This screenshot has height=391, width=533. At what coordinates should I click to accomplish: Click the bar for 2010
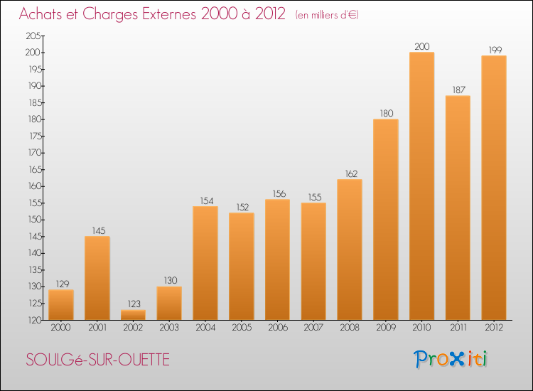tap(421, 186)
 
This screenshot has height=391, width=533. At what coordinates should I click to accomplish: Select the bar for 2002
tap(133, 315)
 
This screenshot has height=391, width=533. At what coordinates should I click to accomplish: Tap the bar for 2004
tap(205, 263)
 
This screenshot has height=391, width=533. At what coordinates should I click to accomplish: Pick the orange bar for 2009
tap(385, 220)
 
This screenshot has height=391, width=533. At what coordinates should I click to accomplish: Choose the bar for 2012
tap(494, 188)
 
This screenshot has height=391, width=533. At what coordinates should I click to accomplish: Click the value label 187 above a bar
tap(458, 90)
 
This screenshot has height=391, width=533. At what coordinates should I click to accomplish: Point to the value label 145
tap(97, 230)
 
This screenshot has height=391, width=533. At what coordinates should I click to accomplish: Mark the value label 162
tap(350, 173)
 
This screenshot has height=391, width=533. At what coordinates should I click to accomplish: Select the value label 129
tap(61, 284)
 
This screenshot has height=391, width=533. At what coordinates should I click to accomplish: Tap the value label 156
tap(277, 193)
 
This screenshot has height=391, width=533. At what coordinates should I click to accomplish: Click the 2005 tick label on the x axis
tap(241, 327)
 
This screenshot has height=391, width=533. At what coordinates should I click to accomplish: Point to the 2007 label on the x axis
tap(313, 327)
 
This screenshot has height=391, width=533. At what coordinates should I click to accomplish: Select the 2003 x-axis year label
tap(169, 327)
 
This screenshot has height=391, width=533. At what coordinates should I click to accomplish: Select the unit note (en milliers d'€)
tap(327, 14)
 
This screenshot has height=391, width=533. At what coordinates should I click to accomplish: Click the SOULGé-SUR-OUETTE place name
tap(98, 360)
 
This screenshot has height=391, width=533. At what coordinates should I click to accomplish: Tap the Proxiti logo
tap(451, 359)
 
